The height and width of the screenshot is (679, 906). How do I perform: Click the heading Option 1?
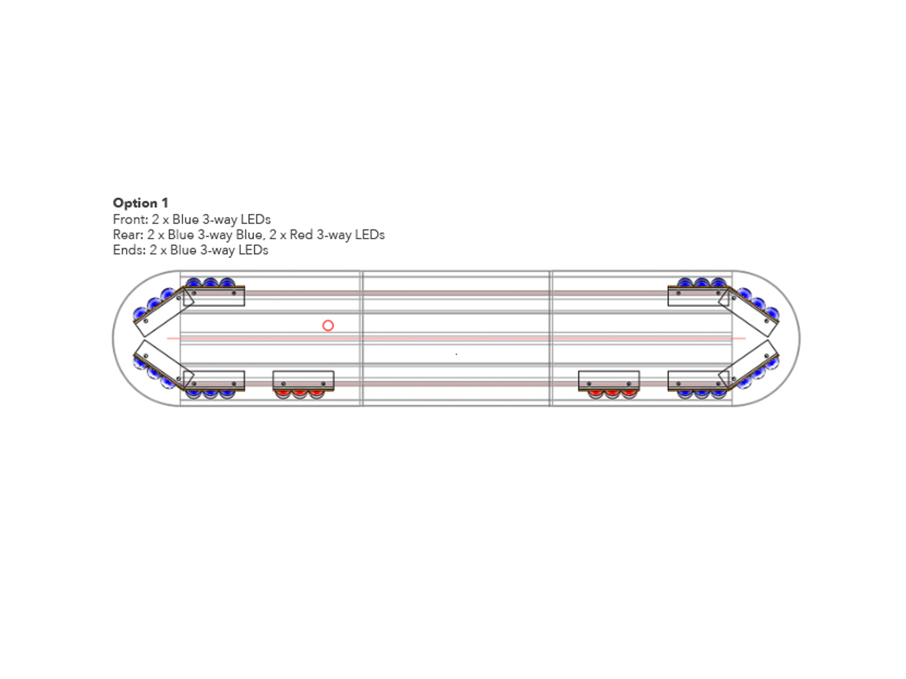coord(141,203)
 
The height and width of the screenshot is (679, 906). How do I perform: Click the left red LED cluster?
coord(300,394)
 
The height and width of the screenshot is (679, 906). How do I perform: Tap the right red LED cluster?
coord(612,394)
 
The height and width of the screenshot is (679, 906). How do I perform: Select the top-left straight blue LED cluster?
coord(211,282)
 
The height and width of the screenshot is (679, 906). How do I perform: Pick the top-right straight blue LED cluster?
coord(702,282)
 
